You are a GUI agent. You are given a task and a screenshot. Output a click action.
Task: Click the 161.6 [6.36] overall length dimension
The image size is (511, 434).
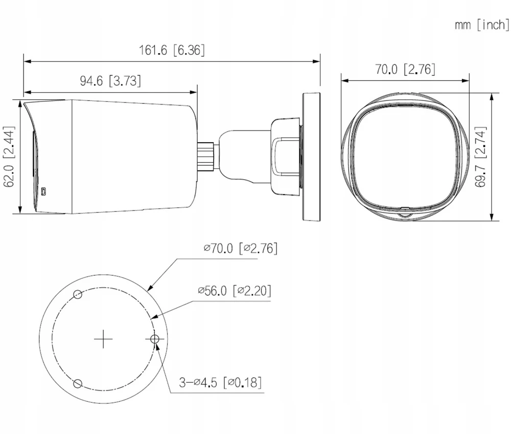172,50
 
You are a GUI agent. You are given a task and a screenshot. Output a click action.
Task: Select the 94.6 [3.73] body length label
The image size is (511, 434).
110,80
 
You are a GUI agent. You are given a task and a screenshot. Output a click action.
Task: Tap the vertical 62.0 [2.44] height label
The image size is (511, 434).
9,157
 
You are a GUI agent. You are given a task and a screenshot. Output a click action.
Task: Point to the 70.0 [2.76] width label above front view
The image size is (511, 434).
405,69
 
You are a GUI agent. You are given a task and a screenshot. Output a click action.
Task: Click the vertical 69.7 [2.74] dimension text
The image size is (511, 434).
481,157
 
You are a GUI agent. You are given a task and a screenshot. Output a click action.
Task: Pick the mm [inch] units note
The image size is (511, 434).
482,25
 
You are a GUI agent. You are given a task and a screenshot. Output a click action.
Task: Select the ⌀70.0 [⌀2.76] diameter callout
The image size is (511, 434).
241,248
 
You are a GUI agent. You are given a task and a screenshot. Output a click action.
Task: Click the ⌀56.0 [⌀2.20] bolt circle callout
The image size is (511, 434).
235,290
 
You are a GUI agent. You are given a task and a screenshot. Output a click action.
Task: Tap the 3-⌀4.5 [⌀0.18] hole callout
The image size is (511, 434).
220,382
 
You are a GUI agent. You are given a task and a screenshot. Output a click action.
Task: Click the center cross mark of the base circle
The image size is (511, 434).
103,339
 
